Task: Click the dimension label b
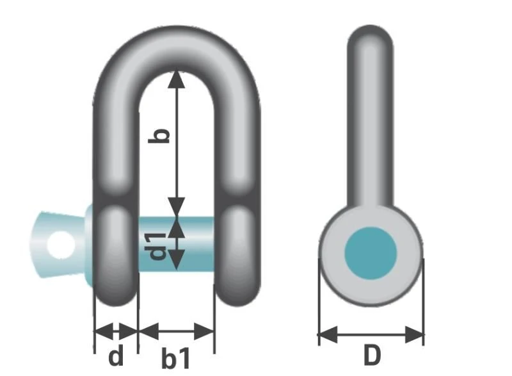[x=164, y=135]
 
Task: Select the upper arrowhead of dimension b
[x=177, y=79]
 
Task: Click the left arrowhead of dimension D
[x=326, y=334]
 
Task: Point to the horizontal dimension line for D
[x=371, y=334]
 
